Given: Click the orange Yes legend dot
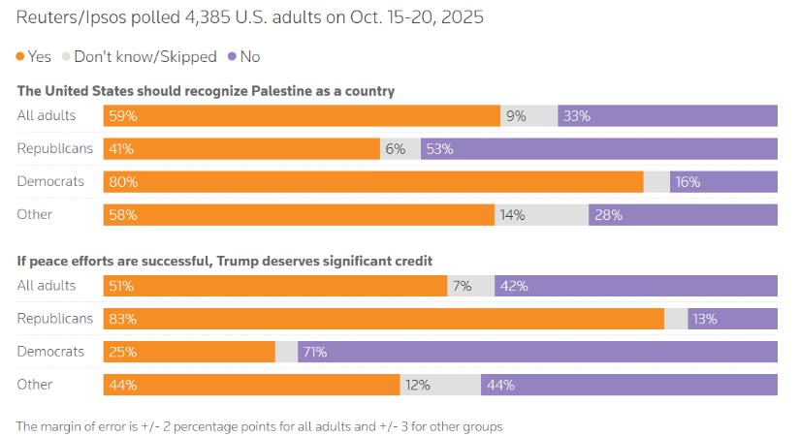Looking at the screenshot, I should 21,57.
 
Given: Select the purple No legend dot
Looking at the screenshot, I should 232,57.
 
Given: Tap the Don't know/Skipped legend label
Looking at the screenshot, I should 144,57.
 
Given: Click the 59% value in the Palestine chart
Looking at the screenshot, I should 123,116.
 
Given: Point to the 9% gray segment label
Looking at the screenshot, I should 516,116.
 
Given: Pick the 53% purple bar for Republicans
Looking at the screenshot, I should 598,149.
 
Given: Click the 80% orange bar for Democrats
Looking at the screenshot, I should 373,182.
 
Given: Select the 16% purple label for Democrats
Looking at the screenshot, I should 688,182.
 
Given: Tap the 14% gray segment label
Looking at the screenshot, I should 512,215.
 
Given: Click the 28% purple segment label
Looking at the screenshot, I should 609,215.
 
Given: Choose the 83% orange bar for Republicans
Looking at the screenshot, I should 383,319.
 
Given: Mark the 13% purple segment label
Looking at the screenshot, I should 705,319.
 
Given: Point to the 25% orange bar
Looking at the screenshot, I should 189,352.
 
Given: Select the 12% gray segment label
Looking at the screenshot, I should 418,385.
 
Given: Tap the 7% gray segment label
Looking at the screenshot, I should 462,286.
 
